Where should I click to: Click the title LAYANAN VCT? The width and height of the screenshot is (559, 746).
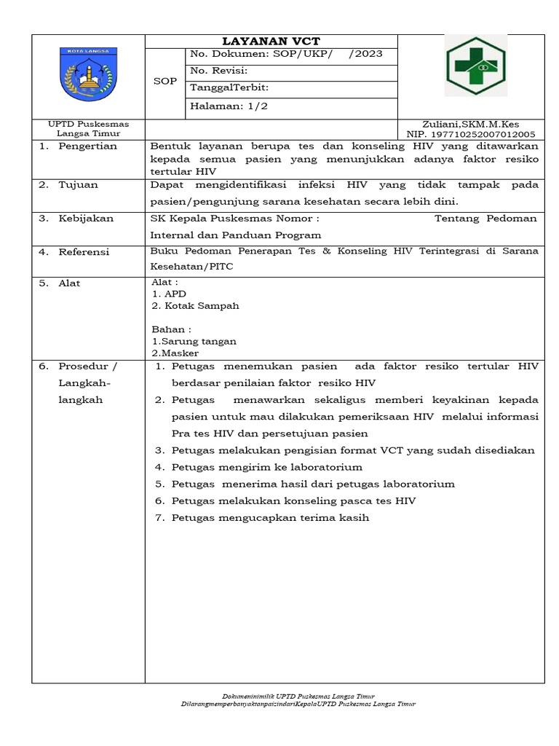(271, 42)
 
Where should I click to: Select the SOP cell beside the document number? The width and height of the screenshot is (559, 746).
(164, 81)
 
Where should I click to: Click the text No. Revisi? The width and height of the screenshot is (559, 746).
(219, 71)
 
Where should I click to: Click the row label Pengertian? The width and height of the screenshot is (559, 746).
(88, 146)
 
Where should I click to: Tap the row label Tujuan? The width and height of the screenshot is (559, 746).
(78, 185)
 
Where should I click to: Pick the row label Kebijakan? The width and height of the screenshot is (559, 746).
(85, 218)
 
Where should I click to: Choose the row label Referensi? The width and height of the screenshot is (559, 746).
(84, 252)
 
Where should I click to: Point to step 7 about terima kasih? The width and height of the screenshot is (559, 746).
(271, 518)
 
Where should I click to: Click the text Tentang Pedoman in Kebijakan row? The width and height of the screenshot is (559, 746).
(485, 218)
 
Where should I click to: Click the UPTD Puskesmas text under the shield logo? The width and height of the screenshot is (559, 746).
(88, 125)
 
